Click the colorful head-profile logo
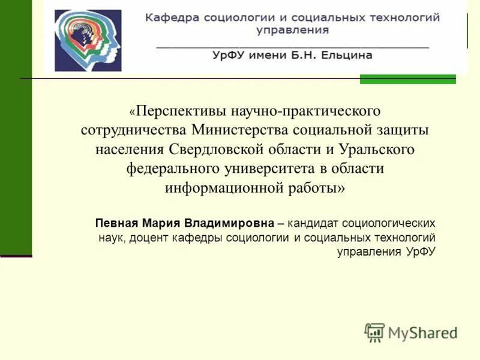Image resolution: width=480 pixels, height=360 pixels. pos(88,41)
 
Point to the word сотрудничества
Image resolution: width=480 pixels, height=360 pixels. pos(134,130)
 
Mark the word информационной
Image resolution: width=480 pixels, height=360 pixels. pos(223,187)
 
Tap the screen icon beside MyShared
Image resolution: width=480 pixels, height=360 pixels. pos(374,332)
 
